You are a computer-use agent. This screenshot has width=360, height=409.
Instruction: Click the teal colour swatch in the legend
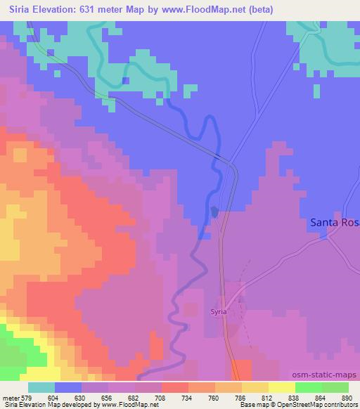coord(41,387)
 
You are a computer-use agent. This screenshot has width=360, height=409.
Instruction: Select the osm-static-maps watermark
coord(324,375)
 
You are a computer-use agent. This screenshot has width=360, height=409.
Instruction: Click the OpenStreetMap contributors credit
coord(316,405)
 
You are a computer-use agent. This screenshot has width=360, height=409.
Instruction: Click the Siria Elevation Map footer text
coord(28,405)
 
